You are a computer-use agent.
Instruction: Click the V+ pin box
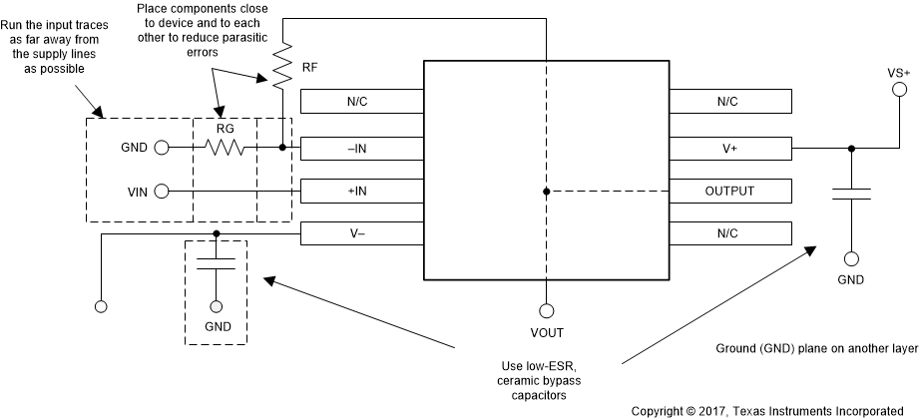(731, 147)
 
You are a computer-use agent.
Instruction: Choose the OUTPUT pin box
(731, 190)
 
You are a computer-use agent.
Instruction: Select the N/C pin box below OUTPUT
(731, 232)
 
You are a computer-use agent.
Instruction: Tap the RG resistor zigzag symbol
(225, 147)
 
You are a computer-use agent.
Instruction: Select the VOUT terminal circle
(546, 309)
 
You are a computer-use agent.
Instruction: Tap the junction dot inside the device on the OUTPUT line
(546, 190)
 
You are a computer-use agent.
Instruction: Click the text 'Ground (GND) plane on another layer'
(813, 350)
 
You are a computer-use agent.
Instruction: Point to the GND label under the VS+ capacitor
(851, 280)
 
